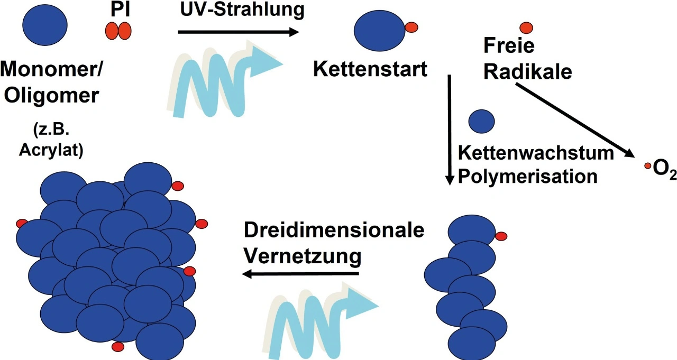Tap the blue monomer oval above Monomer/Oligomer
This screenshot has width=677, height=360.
(x=45, y=24)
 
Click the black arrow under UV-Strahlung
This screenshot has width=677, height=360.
(x=238, y=32)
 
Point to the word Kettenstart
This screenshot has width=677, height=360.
(x=370, y=69)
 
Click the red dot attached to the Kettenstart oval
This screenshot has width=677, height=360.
(x=411, y=26)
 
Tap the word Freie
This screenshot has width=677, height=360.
(x=509, y=47)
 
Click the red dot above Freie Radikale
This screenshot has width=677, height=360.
(x=526, y=27)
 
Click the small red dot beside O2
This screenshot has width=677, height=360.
(x=647, y=166)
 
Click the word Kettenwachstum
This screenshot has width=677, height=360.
(x=536, y=153)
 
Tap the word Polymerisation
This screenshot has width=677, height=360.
(x=527, y=176)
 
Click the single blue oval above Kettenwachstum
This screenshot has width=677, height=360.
(x=482, y=121)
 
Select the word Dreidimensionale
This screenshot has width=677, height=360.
(x=334, y=232)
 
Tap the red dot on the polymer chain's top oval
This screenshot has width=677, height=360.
(x=501, y=236)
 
